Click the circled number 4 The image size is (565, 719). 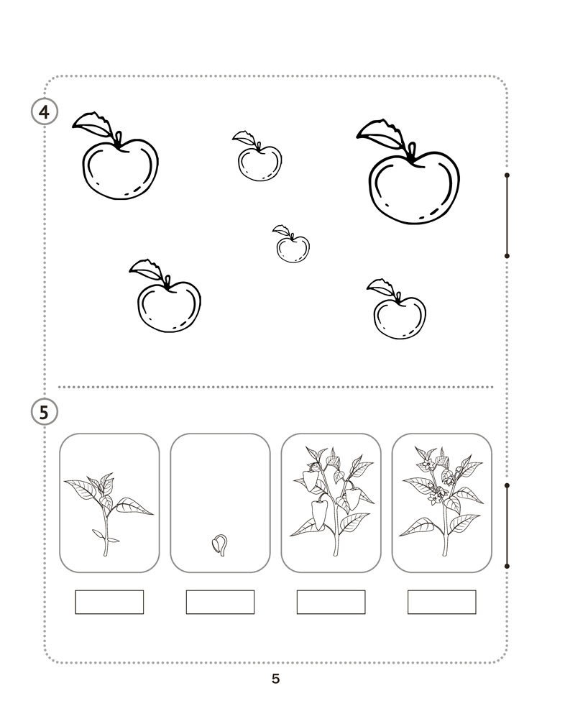44,111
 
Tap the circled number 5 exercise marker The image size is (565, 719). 44,412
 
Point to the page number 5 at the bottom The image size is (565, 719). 275,679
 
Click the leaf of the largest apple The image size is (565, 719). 381,134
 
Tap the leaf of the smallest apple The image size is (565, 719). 280,230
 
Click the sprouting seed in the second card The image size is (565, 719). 220,545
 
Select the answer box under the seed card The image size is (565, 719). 220,602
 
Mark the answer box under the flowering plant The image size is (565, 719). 441,602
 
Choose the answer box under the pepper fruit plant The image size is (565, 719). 331,602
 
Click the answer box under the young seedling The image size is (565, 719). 109,602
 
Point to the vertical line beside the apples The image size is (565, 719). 507,216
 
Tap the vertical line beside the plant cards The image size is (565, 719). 507,526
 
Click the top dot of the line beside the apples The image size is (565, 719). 507,175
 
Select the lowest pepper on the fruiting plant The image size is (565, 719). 319,515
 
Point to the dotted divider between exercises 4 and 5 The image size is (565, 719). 275,387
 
